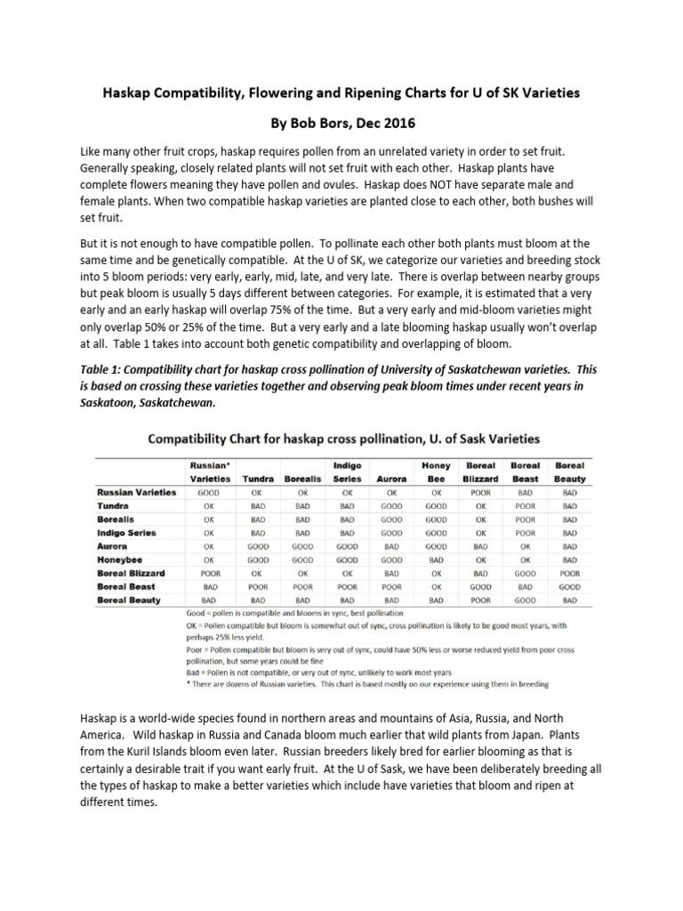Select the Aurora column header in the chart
pyautogui.click(x=391, y=479)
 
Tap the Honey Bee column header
pyautogui.click(x=436, y=472)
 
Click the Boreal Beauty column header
pyautogui.click(x=570, y=472)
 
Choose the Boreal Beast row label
pyautogui.click(x=126, y=587)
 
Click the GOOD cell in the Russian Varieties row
pyautogui.click(x=209, y=492)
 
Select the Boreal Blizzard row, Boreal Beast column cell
pyautogui.click(x=526, y=574)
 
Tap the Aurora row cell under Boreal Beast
pyautogui.click(x=526, y=546)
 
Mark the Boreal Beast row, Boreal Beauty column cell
pyautogui.click(x=570, y=587)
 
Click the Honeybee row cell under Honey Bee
pyautogui.click(x=436, y=560)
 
